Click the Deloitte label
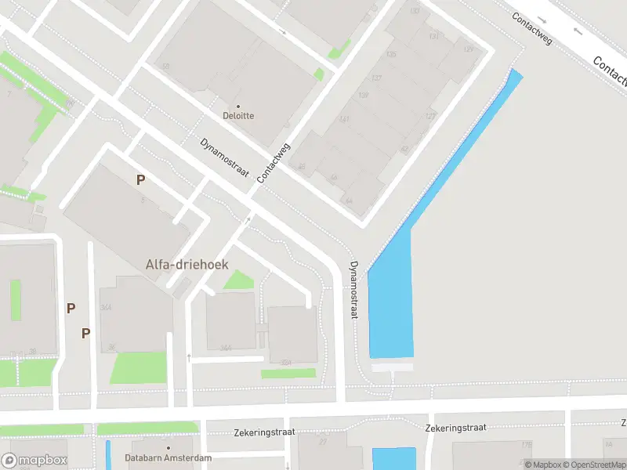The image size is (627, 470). tap(239, 116)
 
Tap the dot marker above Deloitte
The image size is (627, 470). tap(238, 105)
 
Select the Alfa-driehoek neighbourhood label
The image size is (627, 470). tap(187, 265)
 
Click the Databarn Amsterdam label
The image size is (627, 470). tap(168, 457)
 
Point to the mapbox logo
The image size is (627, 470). tap(34, 461)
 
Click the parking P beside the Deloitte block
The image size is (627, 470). tap(140, 179)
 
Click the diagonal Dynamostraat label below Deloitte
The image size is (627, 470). tap(225, 157)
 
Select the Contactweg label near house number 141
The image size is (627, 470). tap(273, 163)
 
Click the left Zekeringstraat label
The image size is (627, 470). tap(263, 432)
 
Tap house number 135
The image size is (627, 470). tap(391, 54)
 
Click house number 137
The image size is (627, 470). tap(376, 78)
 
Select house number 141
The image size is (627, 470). tap(344, 119)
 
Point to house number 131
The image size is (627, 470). tap(433, 36)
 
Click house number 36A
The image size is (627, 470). tap(107, 307)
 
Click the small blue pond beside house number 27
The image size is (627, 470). tap(394, 458)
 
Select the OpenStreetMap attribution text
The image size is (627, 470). tap(588, 465)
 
